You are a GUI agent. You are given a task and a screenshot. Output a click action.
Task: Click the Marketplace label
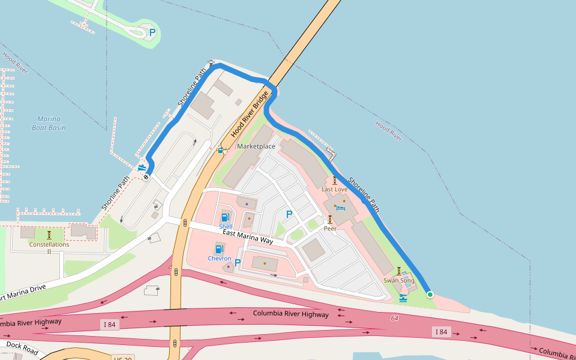click(256, 146)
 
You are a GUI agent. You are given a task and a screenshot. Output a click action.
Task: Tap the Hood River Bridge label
click(250, 115)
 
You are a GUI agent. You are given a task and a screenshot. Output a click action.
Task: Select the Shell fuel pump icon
click(225, 217)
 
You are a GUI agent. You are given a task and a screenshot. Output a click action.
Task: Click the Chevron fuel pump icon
click(219, 248)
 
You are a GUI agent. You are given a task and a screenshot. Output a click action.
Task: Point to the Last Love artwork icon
click(334, 181)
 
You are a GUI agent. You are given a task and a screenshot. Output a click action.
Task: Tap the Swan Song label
click(399, 280)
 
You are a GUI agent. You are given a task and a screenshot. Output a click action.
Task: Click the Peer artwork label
click(330, 228)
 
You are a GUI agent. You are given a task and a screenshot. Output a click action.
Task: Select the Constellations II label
click(49, 247)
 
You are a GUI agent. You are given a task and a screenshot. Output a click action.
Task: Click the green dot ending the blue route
click(430, 294)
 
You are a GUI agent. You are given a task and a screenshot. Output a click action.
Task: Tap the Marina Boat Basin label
click(49, 123)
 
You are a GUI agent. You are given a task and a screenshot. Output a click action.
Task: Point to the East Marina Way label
click(248, 236)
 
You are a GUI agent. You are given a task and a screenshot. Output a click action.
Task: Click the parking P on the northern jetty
click(152, 32)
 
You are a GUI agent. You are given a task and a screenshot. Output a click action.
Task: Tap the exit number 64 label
click(394, 318)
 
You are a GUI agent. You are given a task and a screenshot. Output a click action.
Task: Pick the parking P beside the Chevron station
click(238, 262)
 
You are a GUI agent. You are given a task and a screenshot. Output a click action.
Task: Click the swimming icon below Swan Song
click(403, 298)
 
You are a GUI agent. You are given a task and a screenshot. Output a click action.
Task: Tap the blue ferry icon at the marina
click(142, 168)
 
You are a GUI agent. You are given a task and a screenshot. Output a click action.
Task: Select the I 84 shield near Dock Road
click(109, 325)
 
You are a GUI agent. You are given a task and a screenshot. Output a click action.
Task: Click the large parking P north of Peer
click(289, 214)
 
